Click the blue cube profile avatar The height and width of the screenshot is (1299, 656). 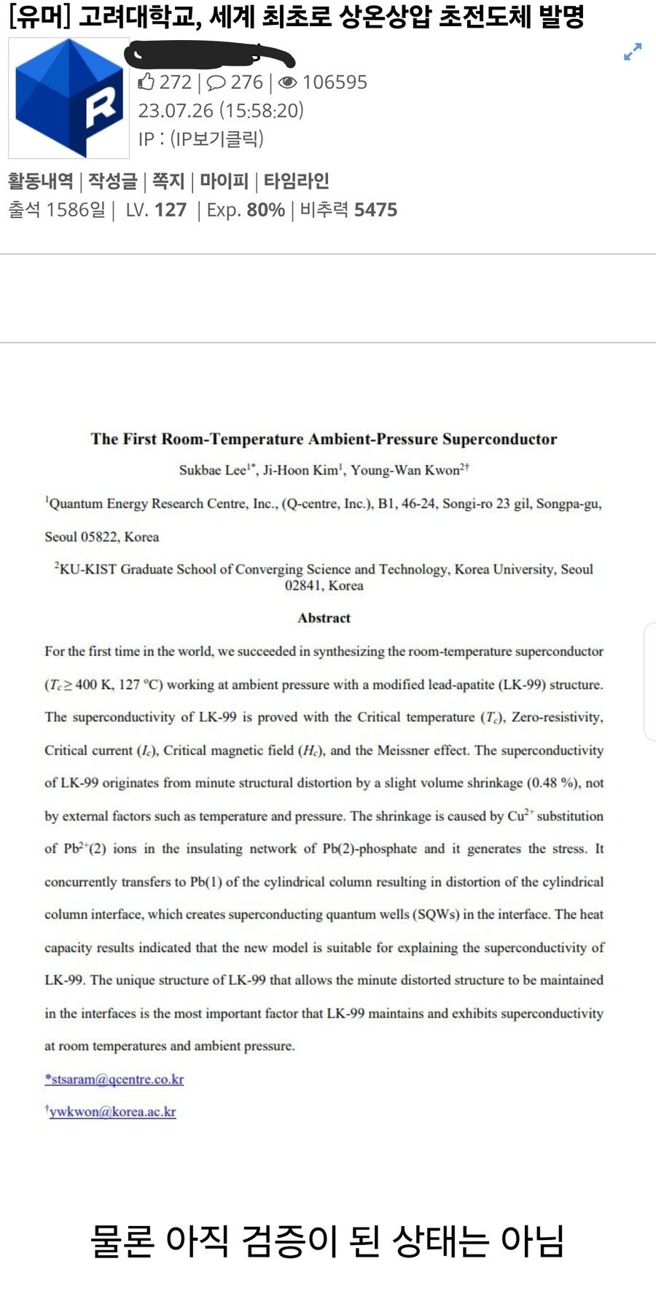(x=69, y=98)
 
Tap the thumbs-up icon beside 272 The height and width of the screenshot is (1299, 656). (x=147, y=82)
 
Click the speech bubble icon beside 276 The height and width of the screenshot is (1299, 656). (x=216, y=82)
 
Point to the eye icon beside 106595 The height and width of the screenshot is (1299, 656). (x=288, y=82)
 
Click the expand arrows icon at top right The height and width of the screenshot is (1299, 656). (x=633, y=52)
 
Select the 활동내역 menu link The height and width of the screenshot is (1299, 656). (x=41, y=181)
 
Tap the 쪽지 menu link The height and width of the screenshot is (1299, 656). (x=168, y=181)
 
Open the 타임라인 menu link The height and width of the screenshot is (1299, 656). (x=297, y=181)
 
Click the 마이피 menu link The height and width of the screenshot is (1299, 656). (x=224, y=181)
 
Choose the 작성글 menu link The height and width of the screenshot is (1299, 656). (x=113, y=181)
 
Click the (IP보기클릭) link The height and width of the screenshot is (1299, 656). (x=217, y=139)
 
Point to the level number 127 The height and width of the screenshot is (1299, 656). (x=171, y=210)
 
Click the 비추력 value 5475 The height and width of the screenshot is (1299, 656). (x=375, y=210)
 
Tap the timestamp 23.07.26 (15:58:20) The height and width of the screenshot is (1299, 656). (x=221, y=111)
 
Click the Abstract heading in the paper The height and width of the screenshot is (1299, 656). (x=324, y=618)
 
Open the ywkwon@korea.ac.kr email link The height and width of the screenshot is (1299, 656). (x=112, y=1112)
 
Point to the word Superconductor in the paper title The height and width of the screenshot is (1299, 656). (x=499, y=439)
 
